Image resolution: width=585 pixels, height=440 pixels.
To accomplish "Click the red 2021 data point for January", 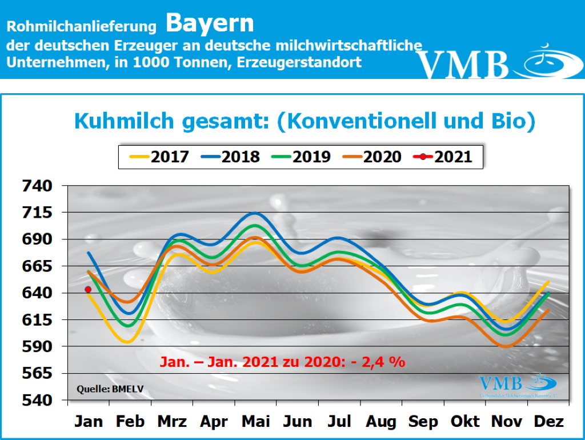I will [87, 290].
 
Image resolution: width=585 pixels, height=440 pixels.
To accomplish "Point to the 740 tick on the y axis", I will [37, 186].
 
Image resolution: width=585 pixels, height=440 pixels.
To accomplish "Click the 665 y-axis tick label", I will [37, 266].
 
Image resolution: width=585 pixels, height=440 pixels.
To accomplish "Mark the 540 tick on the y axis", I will [37, 400].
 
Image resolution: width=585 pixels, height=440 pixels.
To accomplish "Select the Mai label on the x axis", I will [256, 422].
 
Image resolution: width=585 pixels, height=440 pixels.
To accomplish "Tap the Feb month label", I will [131, 422].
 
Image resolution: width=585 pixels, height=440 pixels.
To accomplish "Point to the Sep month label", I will [423, 422].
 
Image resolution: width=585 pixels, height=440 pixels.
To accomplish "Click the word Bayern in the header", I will [210, 23].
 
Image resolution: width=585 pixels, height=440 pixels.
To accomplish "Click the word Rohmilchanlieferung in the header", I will [82, 26].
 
